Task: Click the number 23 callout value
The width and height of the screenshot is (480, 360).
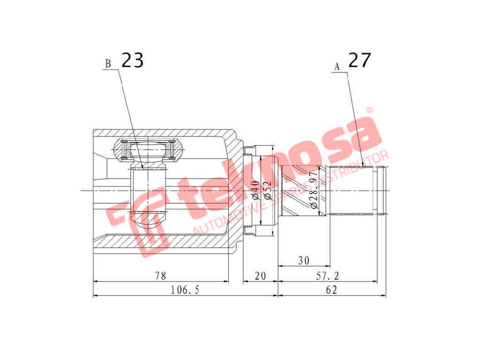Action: (x=132, y=60)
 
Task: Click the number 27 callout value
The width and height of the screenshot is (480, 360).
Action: (x=359, y=60)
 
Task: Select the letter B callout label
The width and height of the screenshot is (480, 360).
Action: (x=108, y=65)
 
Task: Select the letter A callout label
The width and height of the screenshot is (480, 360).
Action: (x=337, y=67)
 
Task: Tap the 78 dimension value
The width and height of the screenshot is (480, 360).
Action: (x=160, y=276)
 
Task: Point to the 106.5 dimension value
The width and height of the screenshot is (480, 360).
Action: (x=185, y=290)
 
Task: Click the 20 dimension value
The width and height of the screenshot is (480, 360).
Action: (x=260, y=276)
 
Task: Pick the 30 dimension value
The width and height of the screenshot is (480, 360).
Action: (x=303, y=261)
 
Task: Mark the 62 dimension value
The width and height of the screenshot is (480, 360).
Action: (x=331, y=290)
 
